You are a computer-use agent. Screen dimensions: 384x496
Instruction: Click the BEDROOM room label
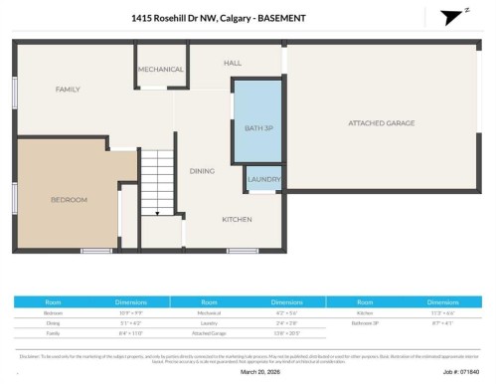pos(69,200)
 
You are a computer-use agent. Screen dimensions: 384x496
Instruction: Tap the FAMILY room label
pos(68,90)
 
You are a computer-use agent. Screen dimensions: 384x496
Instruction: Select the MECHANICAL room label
pos(160,69)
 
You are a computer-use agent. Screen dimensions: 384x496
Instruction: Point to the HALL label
pos(233,63)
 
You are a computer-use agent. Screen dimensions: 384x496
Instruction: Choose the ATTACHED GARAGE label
pos(382,123)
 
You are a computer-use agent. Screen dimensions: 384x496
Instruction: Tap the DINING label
pos(202,171)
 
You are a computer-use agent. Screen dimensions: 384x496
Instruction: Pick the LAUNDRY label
pos(262,180)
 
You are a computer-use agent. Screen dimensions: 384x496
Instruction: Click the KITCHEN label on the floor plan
pos(236,219)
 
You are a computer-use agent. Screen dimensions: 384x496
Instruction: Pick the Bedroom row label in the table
pos(54,312)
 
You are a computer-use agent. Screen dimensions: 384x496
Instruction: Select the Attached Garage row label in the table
pos(209,333)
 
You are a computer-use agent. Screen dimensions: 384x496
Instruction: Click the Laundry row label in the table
pos(209,323)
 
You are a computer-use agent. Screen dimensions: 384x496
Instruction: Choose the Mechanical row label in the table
pos(209,312)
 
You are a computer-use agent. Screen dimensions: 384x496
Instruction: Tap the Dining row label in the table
pos(54,323)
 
